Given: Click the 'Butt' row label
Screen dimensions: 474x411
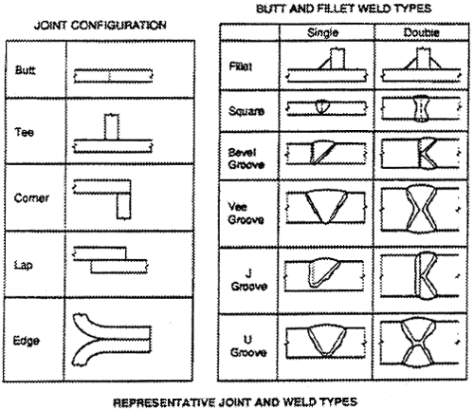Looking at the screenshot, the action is pyautogui.click(x=26, y=70).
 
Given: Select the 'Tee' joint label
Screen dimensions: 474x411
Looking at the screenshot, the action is pyautogui.click(x=24, y=132).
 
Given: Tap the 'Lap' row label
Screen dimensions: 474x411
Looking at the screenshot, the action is pyautogui.click(x=23, y=265).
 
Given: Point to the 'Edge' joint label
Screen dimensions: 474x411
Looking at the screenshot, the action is pyautogui.click(x=27, y=341).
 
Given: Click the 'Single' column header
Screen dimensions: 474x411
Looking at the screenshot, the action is pyautogui.click(x=322, y=32).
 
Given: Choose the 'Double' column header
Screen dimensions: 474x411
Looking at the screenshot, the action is pyautogui.click(x=421, y=32).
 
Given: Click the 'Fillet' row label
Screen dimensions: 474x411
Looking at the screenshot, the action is pyautogui.click(x=241, y=66).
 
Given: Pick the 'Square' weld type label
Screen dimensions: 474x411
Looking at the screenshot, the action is pyautogui.click(x=246, y=111).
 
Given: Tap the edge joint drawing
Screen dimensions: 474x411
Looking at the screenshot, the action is pyautogui.click(x=112, y=339).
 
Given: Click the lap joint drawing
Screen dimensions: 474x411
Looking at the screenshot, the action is pyautogui.click(x=110, y=260).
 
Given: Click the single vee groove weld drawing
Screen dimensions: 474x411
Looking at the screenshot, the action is pyautogui.click(x=326, y=207).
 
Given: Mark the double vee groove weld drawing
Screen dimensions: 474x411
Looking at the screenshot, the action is pyautogui.click(x=421, y=210).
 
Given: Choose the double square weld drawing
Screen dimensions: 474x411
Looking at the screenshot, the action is pyautogui.click(x=421, y=108).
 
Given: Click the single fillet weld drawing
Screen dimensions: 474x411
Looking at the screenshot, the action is pyautogui.click(x=327, y=65).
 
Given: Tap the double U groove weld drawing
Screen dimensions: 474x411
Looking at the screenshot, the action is pyautogui.click(x=419, y=343).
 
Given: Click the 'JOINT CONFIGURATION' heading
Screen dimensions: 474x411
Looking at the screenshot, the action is pyautogui.click(x=100, y=25).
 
